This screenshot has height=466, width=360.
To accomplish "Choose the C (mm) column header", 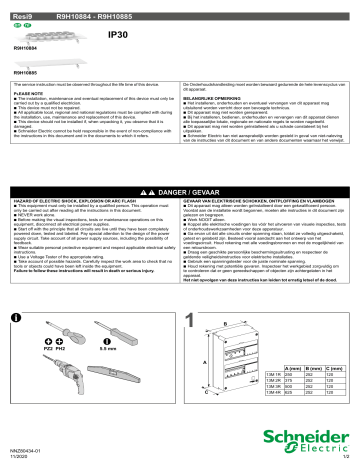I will tap(340, 367).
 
